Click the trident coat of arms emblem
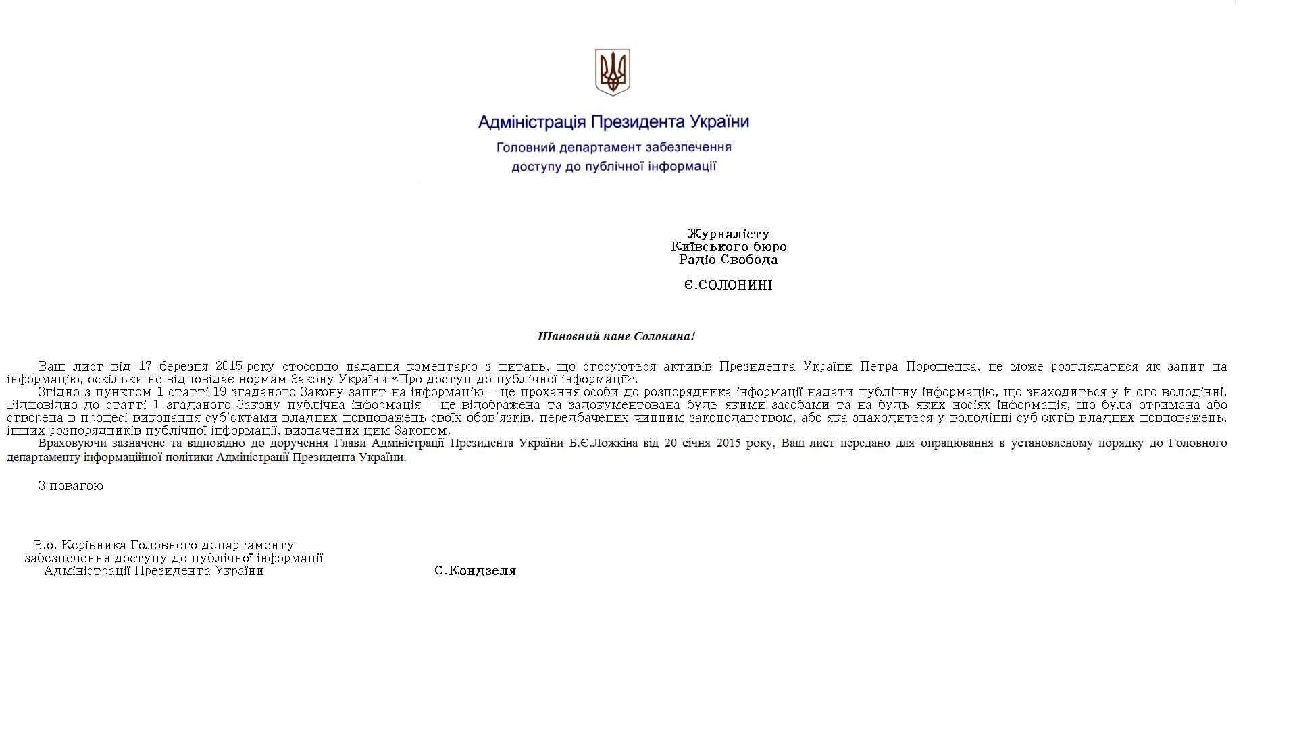tap(612, 72)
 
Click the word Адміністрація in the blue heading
tap(532, 122)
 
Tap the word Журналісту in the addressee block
tap(728, 234)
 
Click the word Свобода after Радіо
tap(748, 259)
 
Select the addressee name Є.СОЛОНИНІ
tap(728, 285)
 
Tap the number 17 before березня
tap(145, 366)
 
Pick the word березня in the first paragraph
tap(183, 366)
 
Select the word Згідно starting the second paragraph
tap(59, 391)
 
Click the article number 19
tap(220, 391)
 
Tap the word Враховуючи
tap(72, 443)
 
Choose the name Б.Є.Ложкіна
tap(603, 443)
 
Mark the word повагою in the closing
tap(76, 486)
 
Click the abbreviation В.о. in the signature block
tap(45, 545)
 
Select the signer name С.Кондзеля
tap(475, 571)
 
